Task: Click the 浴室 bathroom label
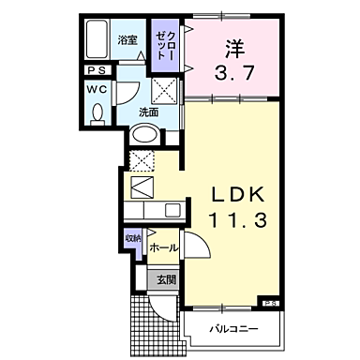[x=128, y=40]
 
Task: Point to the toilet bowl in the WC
[x=98, y=112]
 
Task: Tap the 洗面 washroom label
[x=148, y=112]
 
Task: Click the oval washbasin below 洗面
[x=143, y=135]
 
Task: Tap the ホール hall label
[x=163, y=247]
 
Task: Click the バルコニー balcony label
[x=232, y=329]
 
